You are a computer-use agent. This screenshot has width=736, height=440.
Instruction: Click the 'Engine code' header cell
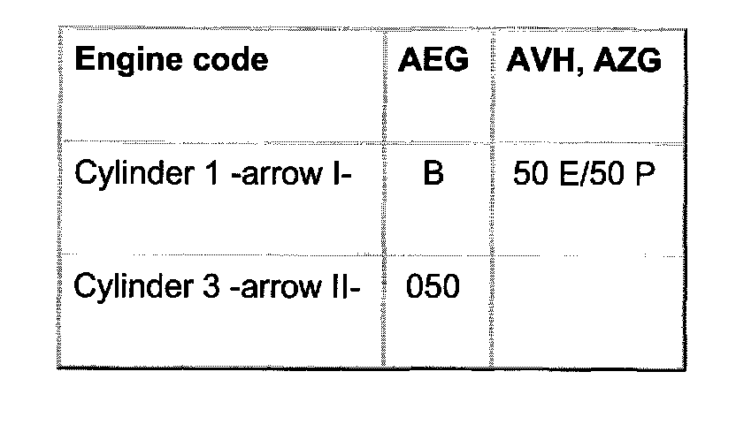point(171,61)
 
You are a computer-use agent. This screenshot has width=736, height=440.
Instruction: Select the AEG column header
point(433,61)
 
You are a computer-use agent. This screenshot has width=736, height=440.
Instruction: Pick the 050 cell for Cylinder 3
point(433,287)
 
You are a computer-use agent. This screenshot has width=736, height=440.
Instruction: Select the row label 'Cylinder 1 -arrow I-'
point(214,175)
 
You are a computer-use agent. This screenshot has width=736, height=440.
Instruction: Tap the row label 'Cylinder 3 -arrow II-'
point(217,288)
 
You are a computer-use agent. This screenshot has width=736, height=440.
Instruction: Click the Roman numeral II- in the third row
point(344,288)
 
